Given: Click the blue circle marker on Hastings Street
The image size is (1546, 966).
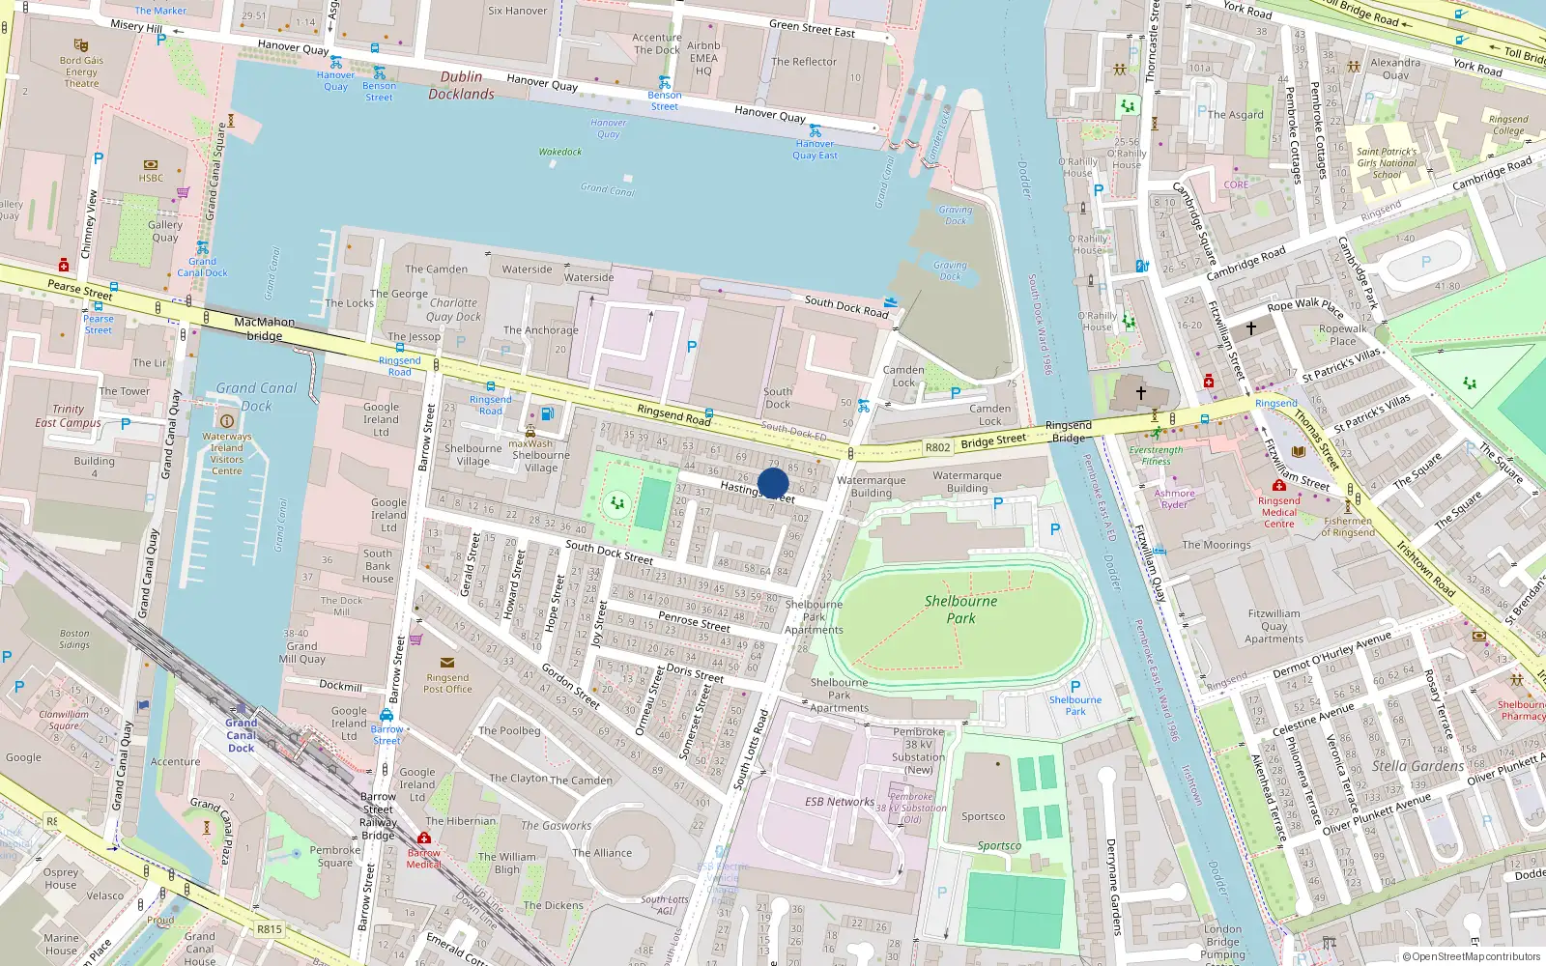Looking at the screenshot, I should (773, 483).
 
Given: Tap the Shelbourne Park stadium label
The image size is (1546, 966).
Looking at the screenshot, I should (960, 609).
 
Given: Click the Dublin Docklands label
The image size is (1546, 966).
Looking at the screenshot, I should (461, 85).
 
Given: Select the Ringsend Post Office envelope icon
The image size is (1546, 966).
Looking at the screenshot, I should (446, 663).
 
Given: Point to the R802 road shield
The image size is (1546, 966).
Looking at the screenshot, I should (937, 447).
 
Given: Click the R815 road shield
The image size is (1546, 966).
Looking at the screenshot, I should (269, 929).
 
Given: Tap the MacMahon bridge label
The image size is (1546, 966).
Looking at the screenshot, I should (264, 328).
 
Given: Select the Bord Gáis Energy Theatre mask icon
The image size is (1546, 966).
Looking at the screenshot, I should (81, 45).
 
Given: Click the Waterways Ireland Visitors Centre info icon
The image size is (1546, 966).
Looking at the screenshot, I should (227, 421).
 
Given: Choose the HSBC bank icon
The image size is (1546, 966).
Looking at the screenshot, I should (150, 165).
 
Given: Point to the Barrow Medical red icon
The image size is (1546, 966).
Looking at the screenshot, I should (423, 838).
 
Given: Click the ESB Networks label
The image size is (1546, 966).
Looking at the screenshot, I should (839, 802).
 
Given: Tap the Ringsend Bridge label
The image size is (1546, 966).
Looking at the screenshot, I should (1068, 431).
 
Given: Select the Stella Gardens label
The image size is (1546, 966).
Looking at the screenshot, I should (1417, 766).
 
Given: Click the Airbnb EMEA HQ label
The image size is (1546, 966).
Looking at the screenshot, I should (703, 58).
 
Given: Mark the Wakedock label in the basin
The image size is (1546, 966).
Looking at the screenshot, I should (559, 152).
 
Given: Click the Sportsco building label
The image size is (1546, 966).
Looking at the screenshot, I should (983, 816).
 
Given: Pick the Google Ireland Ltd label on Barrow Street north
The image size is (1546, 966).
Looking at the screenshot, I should (381, 419).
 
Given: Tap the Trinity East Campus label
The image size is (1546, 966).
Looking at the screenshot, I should (68, 415).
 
